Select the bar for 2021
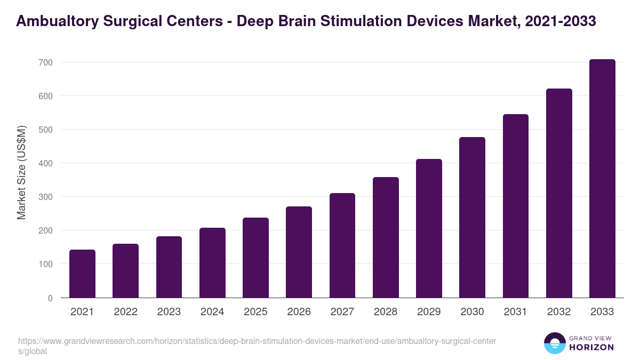pyautogui.click(x=82, y=274)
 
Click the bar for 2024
pyautogui.click(x=212, y=262)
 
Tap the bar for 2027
pyautogui.click(x=342, y=245)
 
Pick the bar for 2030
pyautogui.click(x=473, y=218)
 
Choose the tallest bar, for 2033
pyautogui.click(x=602, y=179)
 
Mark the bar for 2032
pyautogui.click(x=559, y=193)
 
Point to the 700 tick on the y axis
pyautogui.click(x=45, y=62)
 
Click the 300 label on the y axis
pyautogui.click(x=45, y=197)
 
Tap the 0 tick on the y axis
pyautogui.click(x=50, y=298)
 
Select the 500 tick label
pyautogui.click(x=45, y=130)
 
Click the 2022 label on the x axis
pyautogui.click(x=125, y=312)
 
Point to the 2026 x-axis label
pyautogui.click(x=299, y=312)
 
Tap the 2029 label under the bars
pyautogui.click(x=429, y=312)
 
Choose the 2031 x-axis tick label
pyautogui.click(x=516, y=312)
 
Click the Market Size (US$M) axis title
pyautogui.click(x=21, y=172)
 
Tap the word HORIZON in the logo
pyautogui.click(x=592, y=347)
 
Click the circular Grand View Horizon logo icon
pyautogui.click(x=555, y=343)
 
